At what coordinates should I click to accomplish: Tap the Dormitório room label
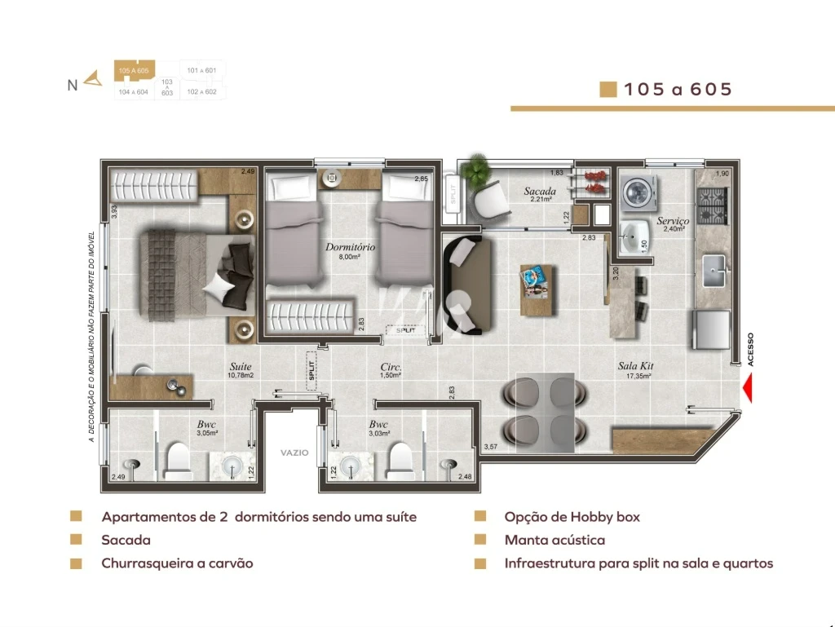click(350, 247)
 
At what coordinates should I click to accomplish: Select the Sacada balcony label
click(540, 192)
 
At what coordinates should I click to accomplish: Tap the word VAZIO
click(294, 453)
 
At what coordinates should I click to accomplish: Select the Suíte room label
click(240, 367)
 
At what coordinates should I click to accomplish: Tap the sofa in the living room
click(466, 282)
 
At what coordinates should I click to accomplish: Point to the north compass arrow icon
click(94, 78)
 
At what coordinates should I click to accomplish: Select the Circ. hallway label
click(391, 367)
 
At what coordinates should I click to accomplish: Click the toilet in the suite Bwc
click(176, 461)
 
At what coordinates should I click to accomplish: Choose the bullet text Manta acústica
click(554, 540)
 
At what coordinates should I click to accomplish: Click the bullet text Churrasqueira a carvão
click(177, 563)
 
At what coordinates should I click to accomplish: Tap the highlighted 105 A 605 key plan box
click(134, 71)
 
